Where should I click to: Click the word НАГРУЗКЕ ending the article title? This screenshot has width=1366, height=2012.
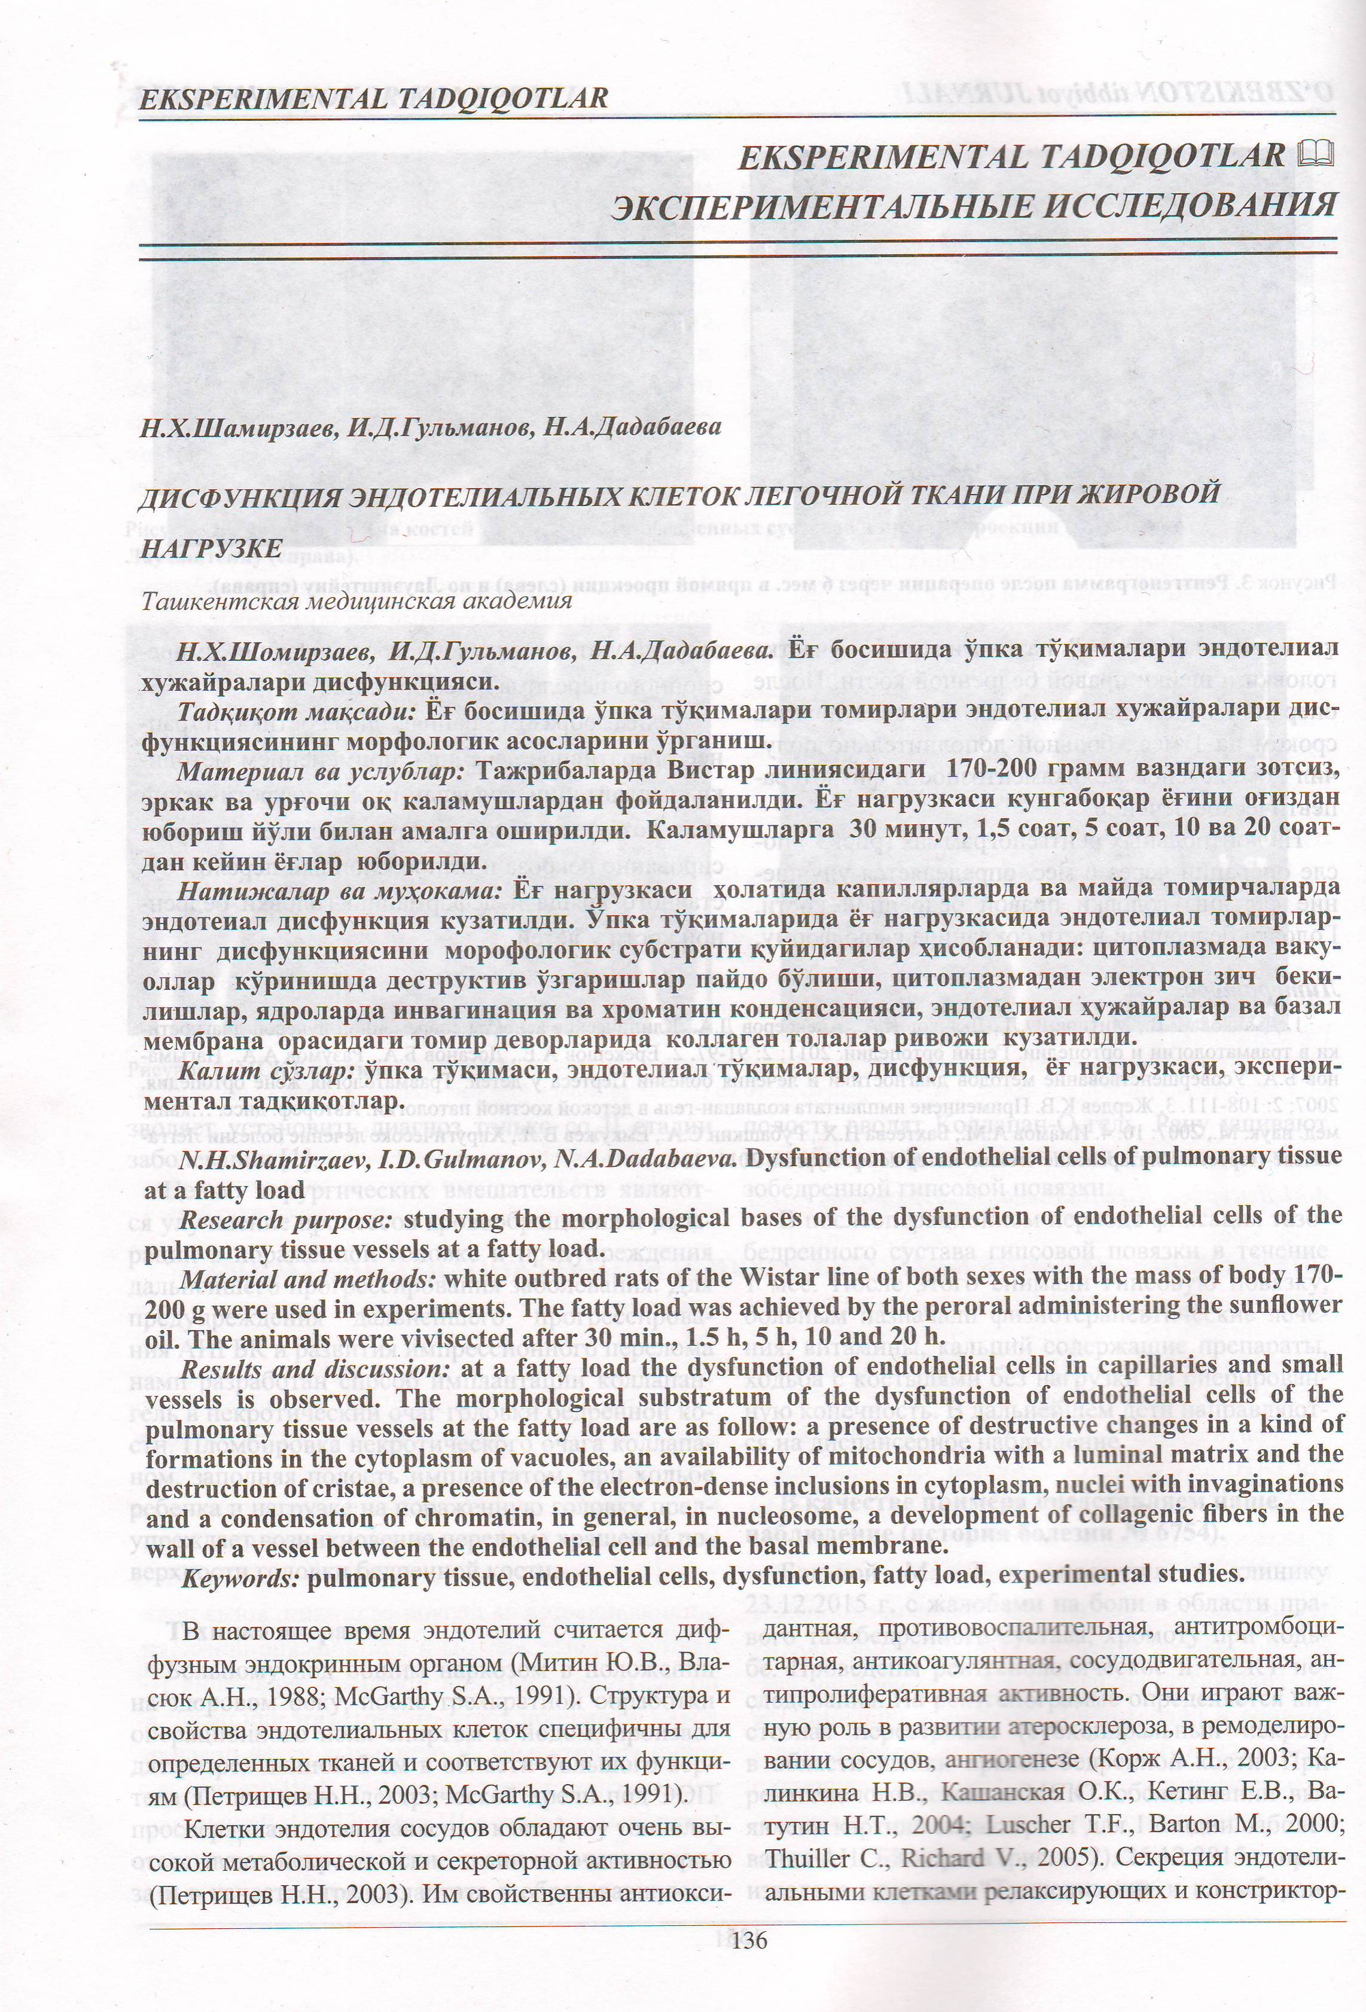coord(211,549)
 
